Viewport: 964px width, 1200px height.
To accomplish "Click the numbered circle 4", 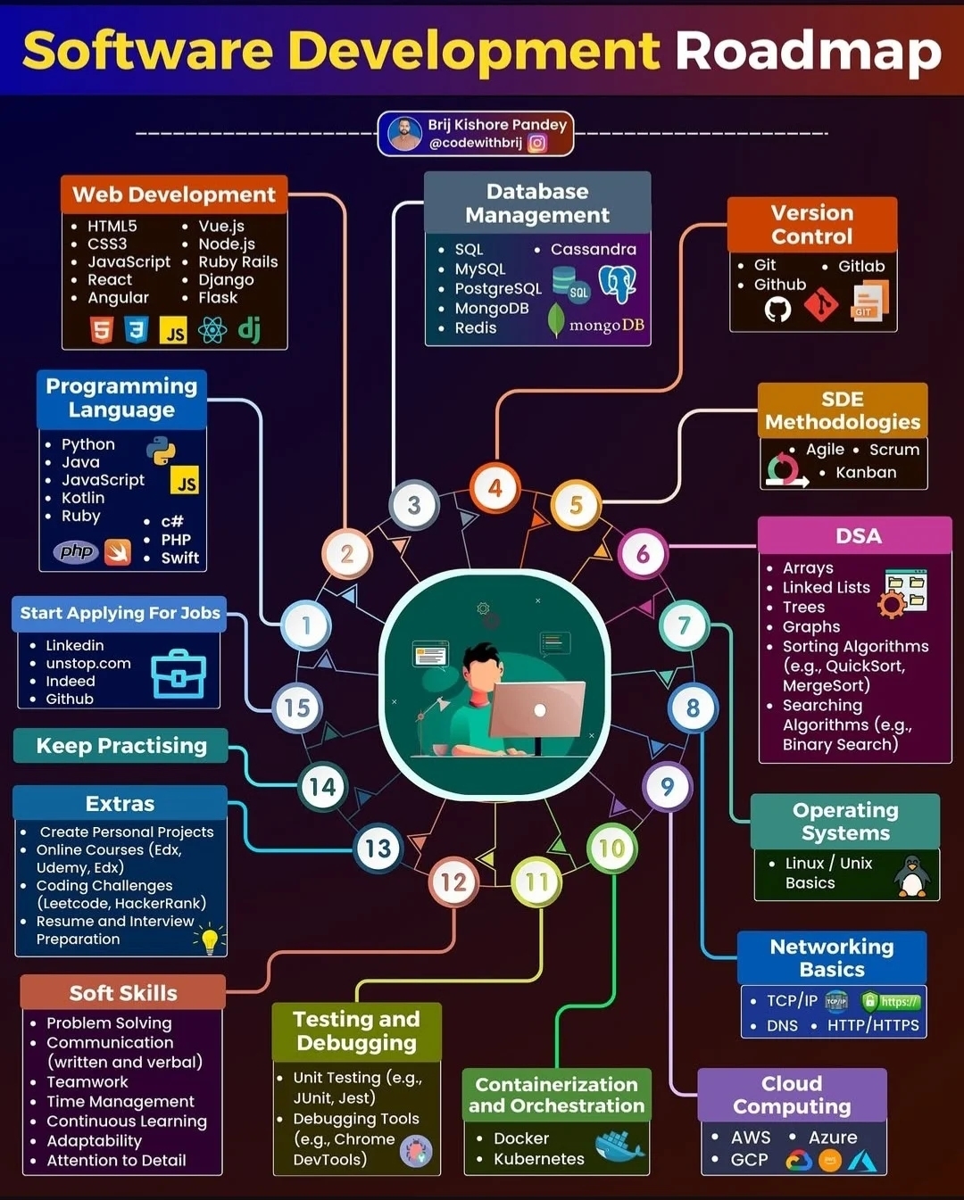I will pyautogui.click(x=495, y=488).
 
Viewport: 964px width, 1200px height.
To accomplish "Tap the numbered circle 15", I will pyautogui.click(x=296, y=708).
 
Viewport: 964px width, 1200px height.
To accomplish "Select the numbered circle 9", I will pyautogui.click(x=667, y=786).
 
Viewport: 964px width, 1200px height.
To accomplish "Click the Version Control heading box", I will pyautogui.click(x=811, y=225).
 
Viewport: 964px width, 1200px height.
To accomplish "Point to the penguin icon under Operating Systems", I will pyautogui.click(x=911, y=876).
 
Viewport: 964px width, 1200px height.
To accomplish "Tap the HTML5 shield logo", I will pyautogui.click(x=102, y=330).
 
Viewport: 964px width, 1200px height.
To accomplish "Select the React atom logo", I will pyautogui.click(x=212, y=330).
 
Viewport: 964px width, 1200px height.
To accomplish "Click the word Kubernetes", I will pyautogui.click(x=538, y=1159).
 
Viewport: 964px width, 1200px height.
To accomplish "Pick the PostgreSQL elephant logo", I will pyautogui.click(x=618, y=284).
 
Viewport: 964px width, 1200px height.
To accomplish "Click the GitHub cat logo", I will pyautogui.click(x=777, y=309).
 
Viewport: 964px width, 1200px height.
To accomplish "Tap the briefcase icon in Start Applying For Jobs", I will pyautogui.click(x=179, y=674).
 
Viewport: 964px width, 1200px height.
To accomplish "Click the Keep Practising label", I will pyautogui.click(x=120, y=746).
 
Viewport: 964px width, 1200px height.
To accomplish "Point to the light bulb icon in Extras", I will pyautogui.click(x=210, y=939).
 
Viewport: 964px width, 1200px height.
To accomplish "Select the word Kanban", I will pyautogui.click(x=865, y=473).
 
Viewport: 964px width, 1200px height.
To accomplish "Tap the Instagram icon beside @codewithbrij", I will pyautogui.click(x=537, y=143).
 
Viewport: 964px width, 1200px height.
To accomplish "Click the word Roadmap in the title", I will pyautogui.click(x=808, y=51).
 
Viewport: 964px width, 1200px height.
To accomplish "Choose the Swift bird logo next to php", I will pyautogui.click(x=118, y=552).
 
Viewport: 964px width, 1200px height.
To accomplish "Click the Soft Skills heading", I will pyautogui.click(x=123, y=993).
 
